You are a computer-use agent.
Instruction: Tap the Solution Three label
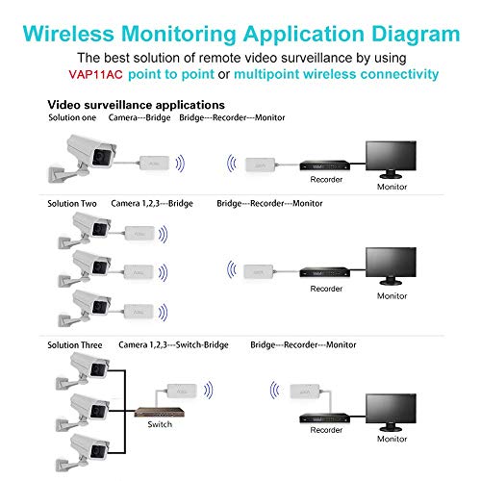click(x=76, y=343)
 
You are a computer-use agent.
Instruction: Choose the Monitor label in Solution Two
click(x=392, y=296)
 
